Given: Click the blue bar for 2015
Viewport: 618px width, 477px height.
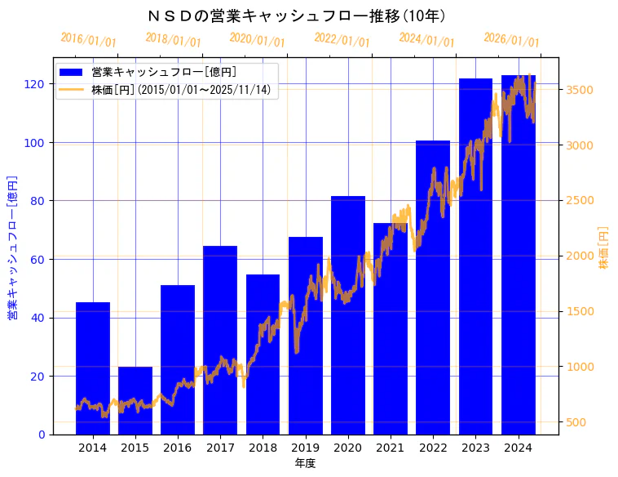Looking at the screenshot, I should tap(135, 400).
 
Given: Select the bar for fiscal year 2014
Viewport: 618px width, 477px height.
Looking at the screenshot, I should tap(93, 368).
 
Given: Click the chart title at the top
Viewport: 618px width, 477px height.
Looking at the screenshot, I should tap(297, 16).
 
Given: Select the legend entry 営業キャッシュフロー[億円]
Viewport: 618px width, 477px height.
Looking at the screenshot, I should tap(164, 73).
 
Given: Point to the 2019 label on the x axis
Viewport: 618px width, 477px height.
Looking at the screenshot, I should tap(305, 448).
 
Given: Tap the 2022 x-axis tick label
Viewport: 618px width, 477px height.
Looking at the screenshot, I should tap(433, 448).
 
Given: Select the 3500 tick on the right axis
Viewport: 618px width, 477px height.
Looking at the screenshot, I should tap(580, 90).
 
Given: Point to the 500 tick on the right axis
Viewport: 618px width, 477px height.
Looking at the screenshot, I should tap(576, 422).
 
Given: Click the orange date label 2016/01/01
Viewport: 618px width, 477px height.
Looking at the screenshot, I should tap(89, 40).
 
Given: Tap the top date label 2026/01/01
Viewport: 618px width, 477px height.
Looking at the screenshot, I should tap(511, 40).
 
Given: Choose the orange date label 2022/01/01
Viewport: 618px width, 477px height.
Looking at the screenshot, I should tap(342, 40).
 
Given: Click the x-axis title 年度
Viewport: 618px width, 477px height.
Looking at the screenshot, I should tap(305, 463).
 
